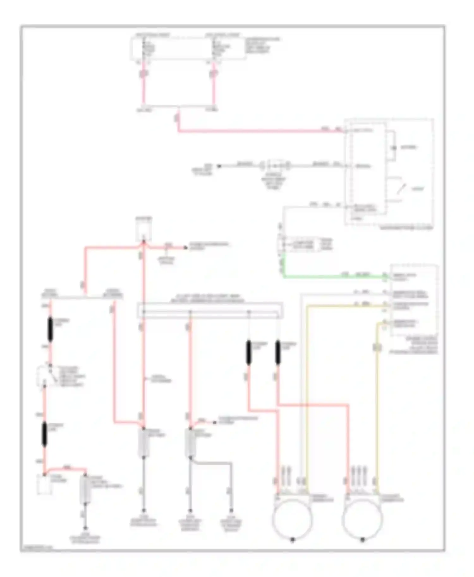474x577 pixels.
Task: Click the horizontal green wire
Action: (332, 277)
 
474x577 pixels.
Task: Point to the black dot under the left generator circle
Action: (293, 540)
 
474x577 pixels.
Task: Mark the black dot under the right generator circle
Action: (363, 540)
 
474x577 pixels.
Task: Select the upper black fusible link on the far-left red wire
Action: (50, 330)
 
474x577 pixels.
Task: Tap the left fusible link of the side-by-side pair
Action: (249, 352)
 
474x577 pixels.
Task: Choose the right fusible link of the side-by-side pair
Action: (278, 352)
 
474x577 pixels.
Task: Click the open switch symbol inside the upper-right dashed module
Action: (402, 189)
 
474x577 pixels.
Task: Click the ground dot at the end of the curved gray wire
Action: (231, 510)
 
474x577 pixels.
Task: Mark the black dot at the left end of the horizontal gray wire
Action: (218, 166)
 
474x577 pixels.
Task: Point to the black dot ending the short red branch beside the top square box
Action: (186, 248)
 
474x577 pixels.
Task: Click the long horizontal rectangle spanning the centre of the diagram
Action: (210, 310)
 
